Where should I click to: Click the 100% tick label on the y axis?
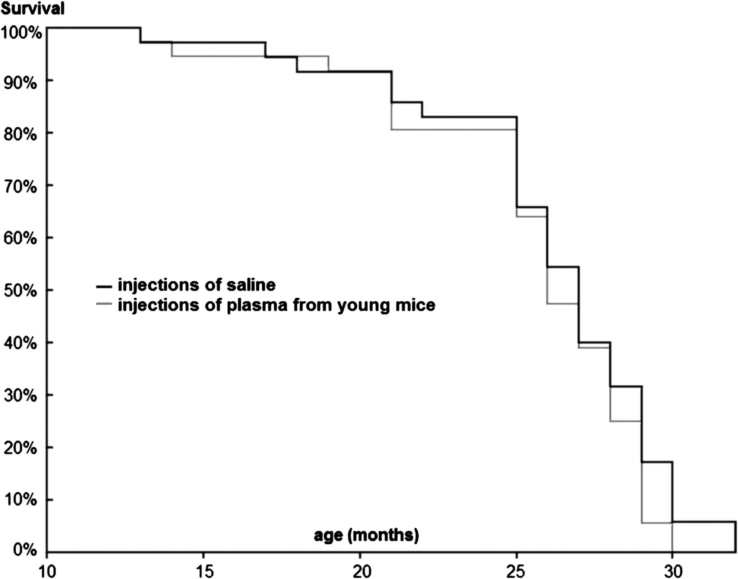[21, 33]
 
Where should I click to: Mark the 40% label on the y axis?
[20, 343]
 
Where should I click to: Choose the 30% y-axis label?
[20, 395]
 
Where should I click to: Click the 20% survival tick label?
[20, 448]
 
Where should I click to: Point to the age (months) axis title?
[366, 535]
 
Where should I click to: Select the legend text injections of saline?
[196, 285]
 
